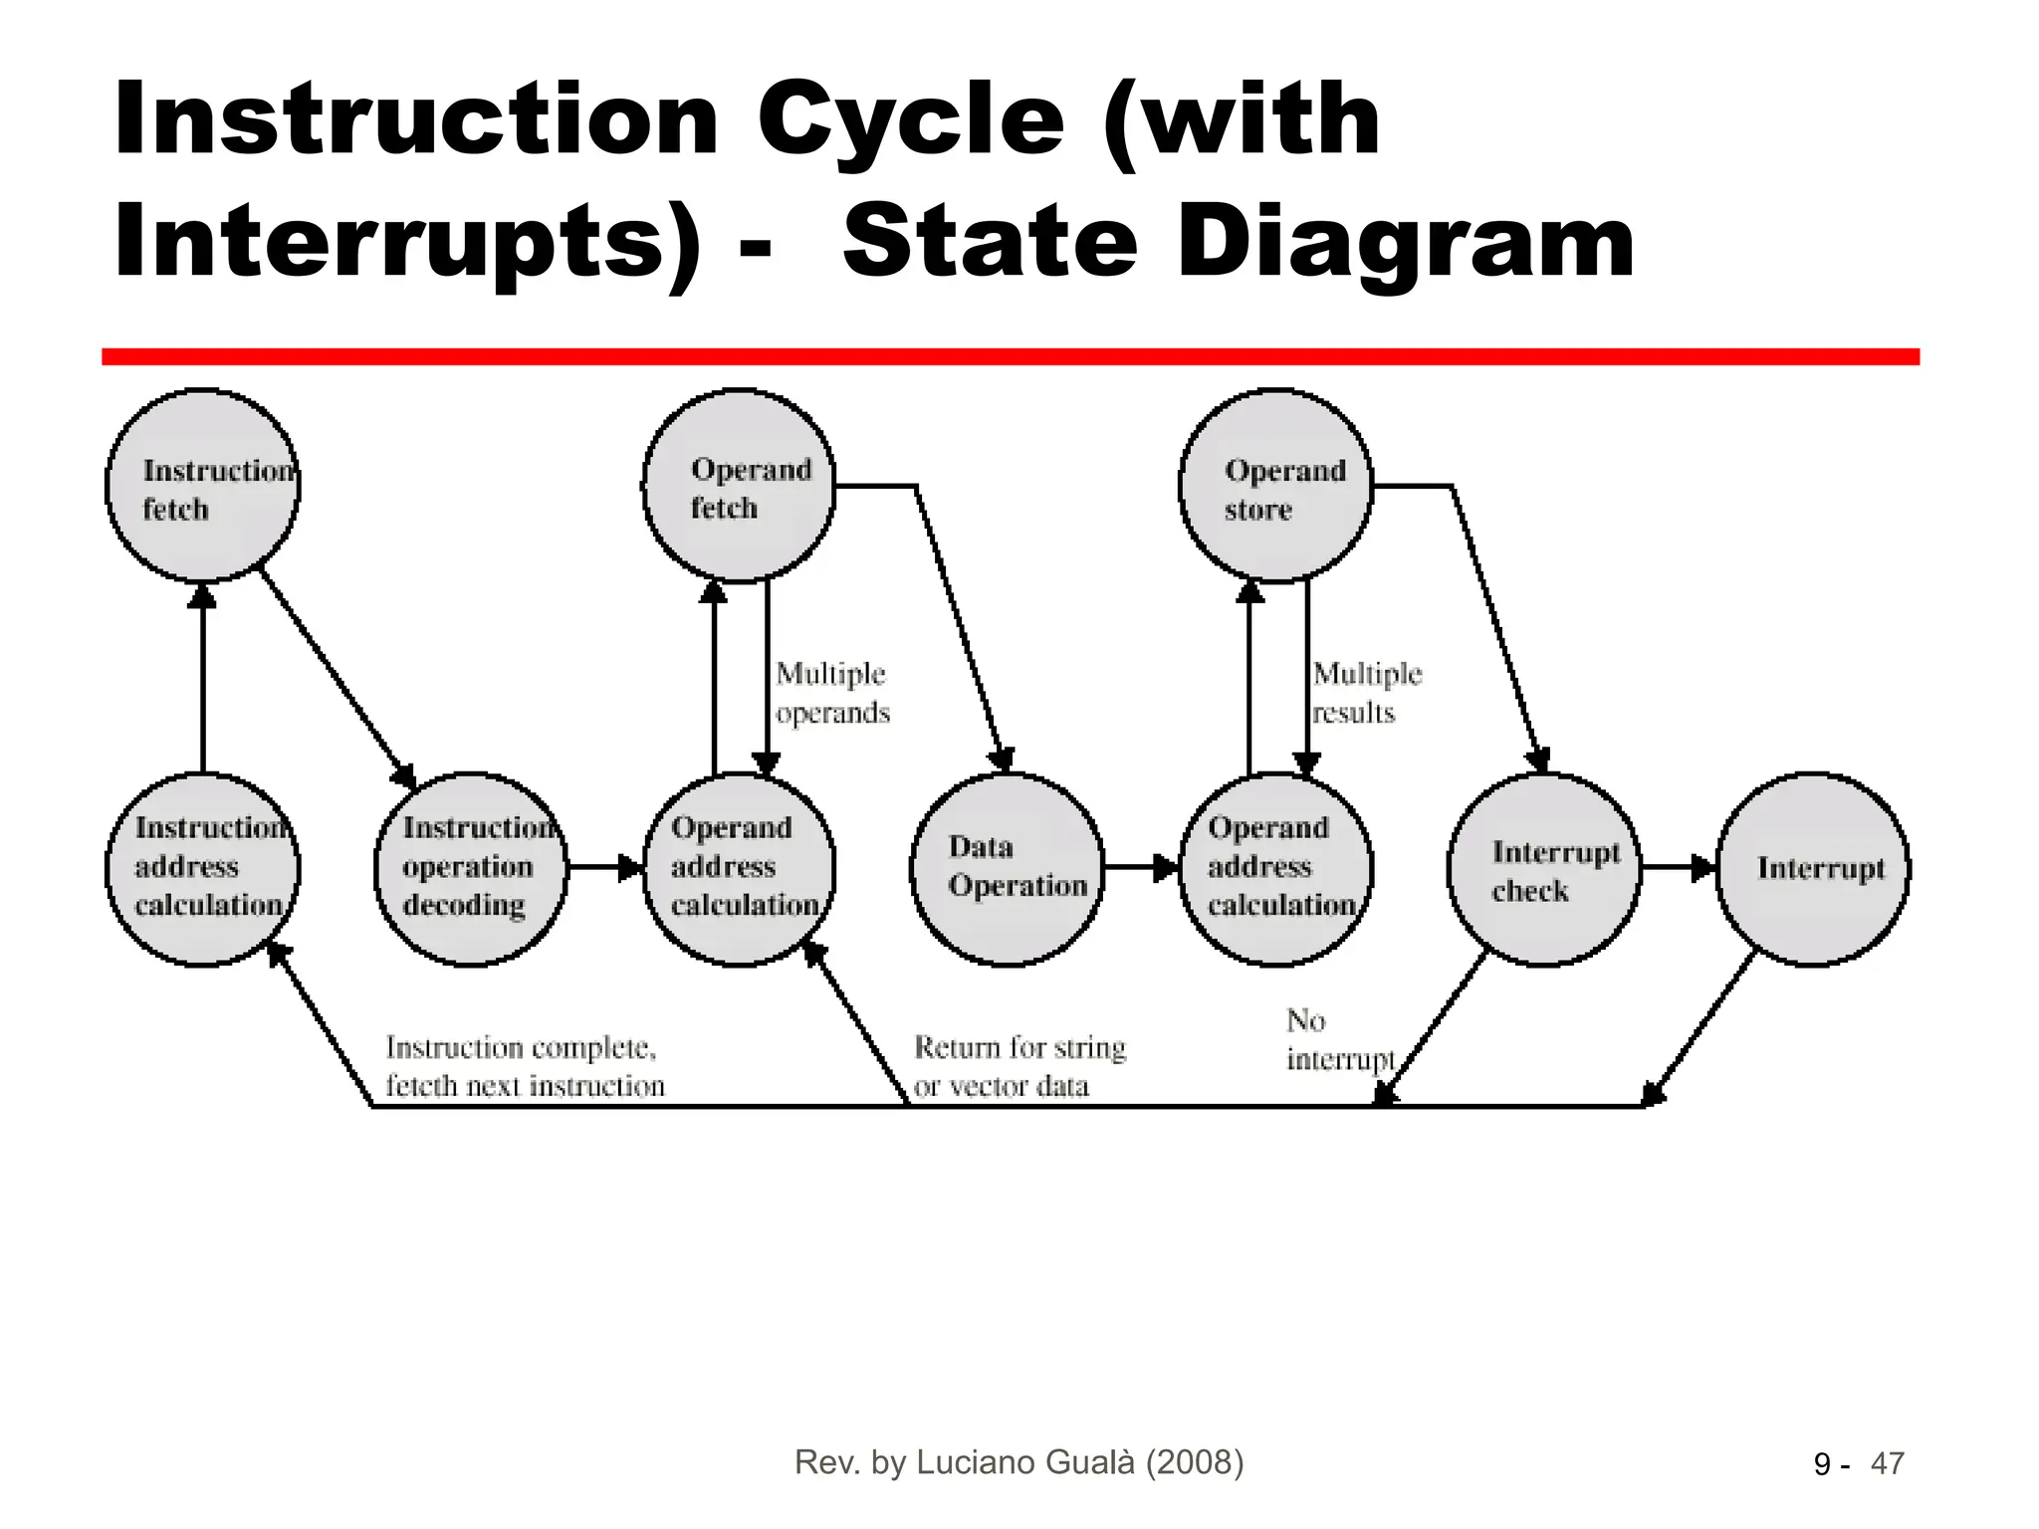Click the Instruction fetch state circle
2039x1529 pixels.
pos(203,486)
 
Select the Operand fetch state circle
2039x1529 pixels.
pos(739,486)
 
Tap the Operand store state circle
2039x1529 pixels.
pos(1276,486)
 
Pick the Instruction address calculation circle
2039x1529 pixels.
pos(203,869)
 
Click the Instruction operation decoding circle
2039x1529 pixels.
pos(471,869)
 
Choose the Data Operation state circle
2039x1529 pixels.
pos(1008,869)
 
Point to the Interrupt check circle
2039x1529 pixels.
pos(1544,869)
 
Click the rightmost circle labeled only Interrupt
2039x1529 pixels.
pos(1813,869)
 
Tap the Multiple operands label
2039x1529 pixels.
pos(832,693)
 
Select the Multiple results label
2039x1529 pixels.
pos(1367,693)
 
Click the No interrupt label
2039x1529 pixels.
pos(1338,1040)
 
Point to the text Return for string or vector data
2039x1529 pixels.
pos(1019,1066)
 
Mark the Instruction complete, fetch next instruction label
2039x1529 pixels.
pos(525,1066)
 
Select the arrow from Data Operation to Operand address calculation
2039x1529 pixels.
pos(1141,868)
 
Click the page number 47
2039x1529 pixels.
pos(1888,1463)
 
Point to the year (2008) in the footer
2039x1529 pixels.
pos(1195,1461)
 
